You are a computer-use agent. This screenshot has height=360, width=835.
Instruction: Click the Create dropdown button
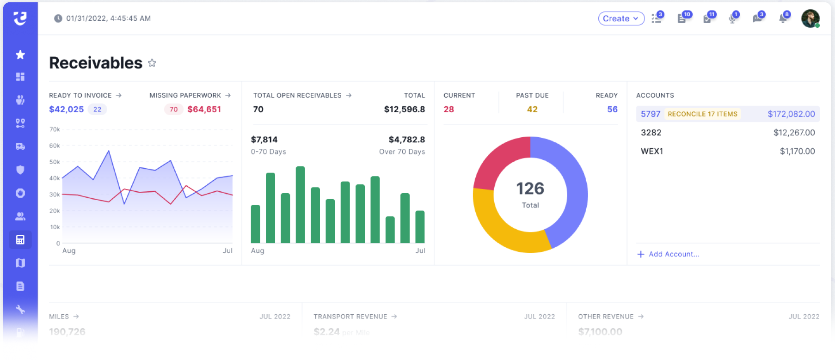[621, 18]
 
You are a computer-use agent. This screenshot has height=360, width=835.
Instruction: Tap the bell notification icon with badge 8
[783, 18]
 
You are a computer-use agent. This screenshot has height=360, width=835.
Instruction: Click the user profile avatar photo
[810, 18]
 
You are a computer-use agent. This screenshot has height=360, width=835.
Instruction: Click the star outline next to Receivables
[152, 63]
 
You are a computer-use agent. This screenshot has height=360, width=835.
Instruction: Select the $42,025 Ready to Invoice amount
[67, 110]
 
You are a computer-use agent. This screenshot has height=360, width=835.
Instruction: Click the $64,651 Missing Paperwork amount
[204, 110]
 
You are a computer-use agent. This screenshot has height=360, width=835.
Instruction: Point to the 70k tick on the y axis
[55, 129]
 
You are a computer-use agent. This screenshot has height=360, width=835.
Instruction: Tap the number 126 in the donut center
[530, 189]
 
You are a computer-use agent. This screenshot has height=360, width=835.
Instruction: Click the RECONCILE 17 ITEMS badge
[702, 114]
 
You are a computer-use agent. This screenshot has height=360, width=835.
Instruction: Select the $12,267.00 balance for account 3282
[794, 133]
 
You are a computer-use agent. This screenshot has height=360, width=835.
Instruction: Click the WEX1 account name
[652, 151]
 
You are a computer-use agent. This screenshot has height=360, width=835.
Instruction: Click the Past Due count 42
[532, 110]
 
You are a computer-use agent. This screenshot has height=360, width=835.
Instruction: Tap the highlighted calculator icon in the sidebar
[20, 240]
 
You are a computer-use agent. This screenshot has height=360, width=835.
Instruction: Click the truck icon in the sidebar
[20, 146]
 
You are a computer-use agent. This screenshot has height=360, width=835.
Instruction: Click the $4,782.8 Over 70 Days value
[406, 140]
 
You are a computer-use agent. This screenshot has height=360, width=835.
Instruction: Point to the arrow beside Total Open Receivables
[349, 95]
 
